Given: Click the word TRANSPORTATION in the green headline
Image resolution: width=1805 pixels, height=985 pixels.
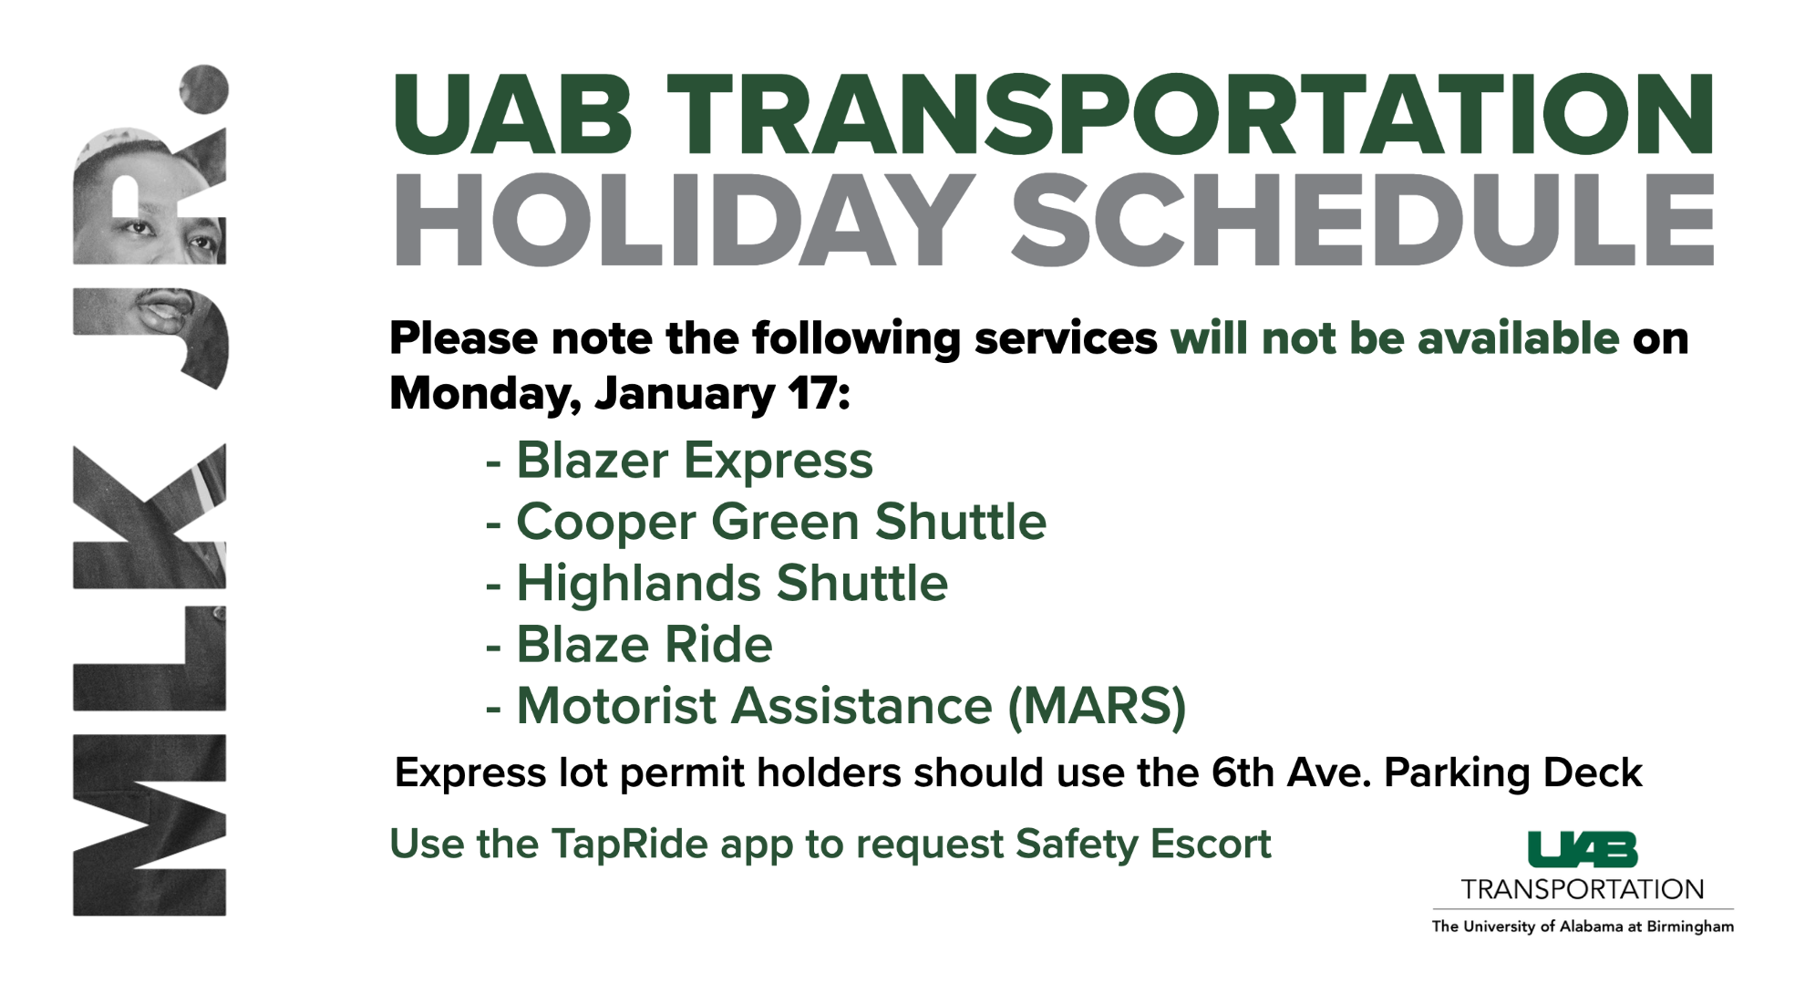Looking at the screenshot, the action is tap(1190, 114).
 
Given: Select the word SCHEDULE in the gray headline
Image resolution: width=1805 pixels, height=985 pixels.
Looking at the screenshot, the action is tap(1363, 221).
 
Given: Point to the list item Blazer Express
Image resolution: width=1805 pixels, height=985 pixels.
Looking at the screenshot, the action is tap(695, 461).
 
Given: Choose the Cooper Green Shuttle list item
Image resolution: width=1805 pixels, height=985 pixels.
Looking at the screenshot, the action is tap(781, 522).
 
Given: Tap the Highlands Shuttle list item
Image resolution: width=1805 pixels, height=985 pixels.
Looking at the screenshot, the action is tap(732, 584).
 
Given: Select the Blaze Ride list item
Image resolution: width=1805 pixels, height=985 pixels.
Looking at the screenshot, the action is tap(645, 645).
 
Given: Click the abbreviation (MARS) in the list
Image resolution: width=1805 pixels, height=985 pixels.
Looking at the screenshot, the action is tap(1097, 707).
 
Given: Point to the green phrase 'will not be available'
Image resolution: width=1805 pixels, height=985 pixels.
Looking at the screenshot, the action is tap(1395, 338).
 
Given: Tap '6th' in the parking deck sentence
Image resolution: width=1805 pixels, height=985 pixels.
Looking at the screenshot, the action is tap(1243, 772).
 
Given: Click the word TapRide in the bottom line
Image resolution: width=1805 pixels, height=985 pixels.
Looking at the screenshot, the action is tap(629, 845).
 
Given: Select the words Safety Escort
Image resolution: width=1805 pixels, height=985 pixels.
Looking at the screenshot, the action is tap(1143, 845).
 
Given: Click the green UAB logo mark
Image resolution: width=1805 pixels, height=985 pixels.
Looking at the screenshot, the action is tap(1583, 849).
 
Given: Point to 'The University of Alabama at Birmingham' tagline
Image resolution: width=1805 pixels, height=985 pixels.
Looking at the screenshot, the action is tap(1583, 927).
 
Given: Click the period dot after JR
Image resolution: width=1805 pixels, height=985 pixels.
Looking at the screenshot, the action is tap(204, 88).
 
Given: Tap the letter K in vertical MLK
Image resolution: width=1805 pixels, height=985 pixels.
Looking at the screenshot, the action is tap(150, 516).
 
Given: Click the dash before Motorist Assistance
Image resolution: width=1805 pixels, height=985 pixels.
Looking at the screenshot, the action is tap(493, 709).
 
